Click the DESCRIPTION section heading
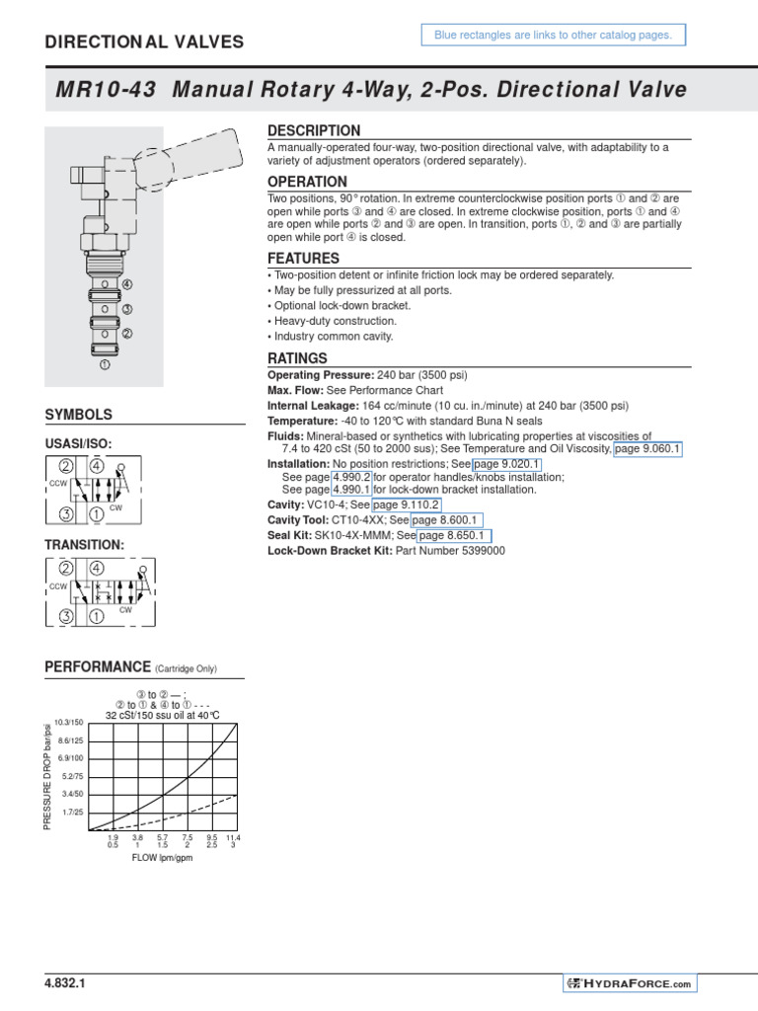point(314,131)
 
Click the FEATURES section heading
point(304,259)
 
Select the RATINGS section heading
point(297,358)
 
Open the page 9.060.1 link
point(648,449)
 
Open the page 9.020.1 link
point(506,464)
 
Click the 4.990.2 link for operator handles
point(350,477)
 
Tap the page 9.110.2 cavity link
point(406,505)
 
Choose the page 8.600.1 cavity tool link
point(446,520)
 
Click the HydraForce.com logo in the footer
point(630,983)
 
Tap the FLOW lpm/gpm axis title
point(162,858)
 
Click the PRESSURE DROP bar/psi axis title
point(46,776)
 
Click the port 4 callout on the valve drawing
point(126,284)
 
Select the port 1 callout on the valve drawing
point(104,364)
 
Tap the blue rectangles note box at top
point(552,36)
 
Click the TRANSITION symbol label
point(85,545)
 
